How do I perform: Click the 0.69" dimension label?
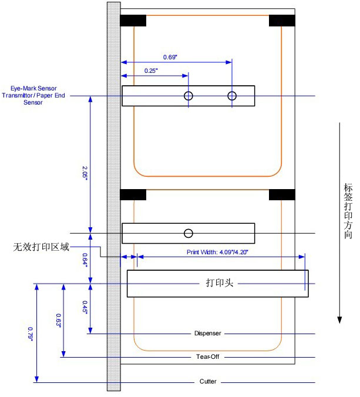point(170,57)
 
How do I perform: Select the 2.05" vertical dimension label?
point(85,171)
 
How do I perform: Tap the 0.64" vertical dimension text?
point(85,260)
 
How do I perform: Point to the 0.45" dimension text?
point(85,307)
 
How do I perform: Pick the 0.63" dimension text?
point(59,321)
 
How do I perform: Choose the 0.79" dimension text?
point(31,333)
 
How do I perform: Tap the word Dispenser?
point(207,334)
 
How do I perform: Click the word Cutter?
point(207,382)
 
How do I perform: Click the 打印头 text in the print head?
point(220,283)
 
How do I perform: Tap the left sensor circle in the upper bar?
point(188,96)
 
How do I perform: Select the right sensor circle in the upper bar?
point(232,96)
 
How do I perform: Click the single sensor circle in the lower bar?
point(188,233)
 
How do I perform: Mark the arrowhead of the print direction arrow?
point(339,319)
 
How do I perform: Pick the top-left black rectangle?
point(133,21)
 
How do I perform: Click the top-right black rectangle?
point(282,21)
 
